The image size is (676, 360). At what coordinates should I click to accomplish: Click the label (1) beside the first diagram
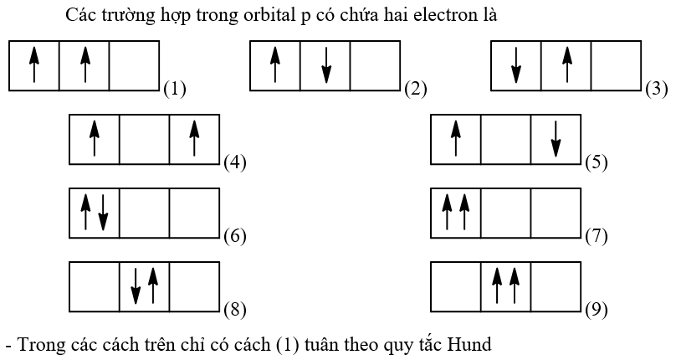point(174,88)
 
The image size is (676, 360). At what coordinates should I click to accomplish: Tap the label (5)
point(596,162)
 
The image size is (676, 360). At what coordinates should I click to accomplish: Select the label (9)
point(596,310)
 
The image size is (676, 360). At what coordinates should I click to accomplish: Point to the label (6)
point(234,236)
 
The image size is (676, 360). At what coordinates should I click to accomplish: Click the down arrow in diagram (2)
point(325,65)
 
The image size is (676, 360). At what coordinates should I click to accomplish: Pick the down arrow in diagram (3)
point(516,65)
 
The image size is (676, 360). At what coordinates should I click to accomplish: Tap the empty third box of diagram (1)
point(134,65)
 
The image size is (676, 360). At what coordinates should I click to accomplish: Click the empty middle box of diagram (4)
point(144,139)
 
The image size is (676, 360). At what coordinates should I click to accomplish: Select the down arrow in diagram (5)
point(555,139)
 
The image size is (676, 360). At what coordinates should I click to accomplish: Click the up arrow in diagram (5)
point(455,139)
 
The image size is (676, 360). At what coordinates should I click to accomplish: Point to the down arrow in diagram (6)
point(103,213)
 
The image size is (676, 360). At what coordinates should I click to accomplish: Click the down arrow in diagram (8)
point(136,286)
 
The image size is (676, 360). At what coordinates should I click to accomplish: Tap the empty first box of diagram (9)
point(455,286)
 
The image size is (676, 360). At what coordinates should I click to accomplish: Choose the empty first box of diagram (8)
point(94,286)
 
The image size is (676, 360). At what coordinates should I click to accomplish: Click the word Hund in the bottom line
point(468,344)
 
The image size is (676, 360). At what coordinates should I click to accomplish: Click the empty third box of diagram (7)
point(555,213)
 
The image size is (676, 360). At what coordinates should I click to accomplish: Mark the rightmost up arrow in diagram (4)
point(194,139)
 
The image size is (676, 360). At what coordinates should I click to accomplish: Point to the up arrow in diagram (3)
point(566,65)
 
